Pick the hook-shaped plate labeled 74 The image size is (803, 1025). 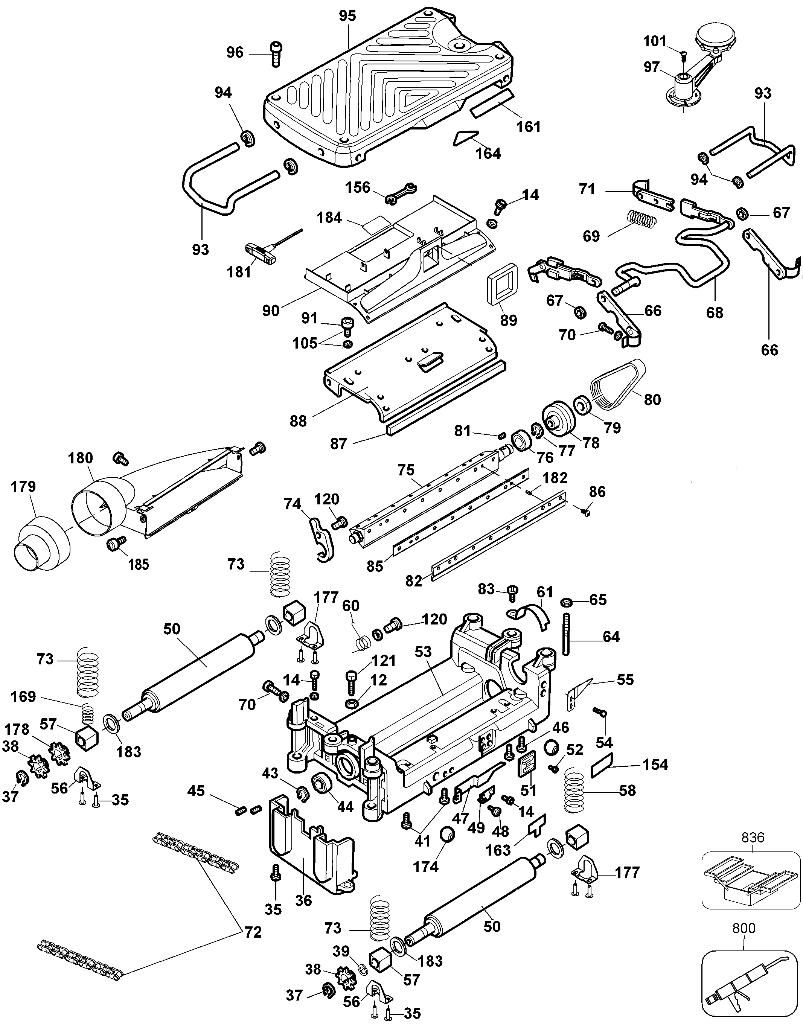pos(323,539)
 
